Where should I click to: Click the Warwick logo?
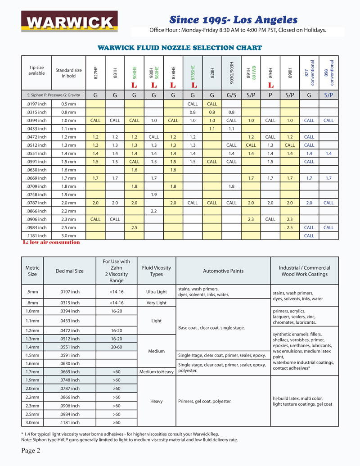tap(70, 22)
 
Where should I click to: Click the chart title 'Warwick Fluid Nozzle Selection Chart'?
tap(180, 47)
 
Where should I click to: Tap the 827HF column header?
tap(95, 73)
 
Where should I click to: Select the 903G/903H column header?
tap(231, 73)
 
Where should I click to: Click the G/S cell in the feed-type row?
tap(231, 95)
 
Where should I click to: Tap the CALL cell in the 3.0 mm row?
tap(309, 235)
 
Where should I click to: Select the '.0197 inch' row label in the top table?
tap(37, 104)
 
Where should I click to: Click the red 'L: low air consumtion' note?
tap(51, 242)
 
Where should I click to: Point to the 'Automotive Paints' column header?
tap(223, 271)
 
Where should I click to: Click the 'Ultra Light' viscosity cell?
tap(156, 291)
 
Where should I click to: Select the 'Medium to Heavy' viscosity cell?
tap(156, 371)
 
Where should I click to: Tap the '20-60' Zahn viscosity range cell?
tap(116, 347)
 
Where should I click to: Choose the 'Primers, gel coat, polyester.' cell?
tap(205, 401)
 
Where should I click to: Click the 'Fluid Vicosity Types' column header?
tap(156, 271)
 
